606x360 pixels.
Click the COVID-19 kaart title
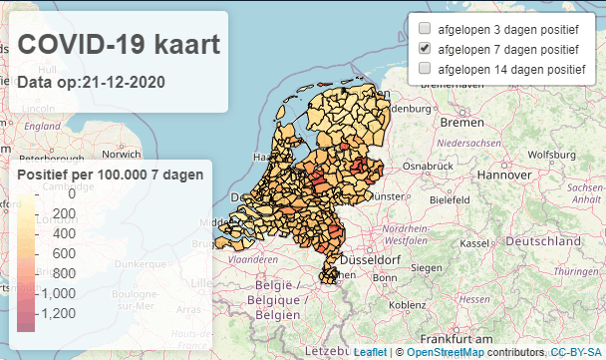[x=119, y=46]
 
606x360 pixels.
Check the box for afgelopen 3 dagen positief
[x=425, y=29]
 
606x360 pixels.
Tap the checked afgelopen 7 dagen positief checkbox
[x=425, y=48]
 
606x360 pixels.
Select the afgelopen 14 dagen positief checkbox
[x=425, y=68]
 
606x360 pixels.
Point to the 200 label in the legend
[x=65, y=214]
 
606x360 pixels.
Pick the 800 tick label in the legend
[x=65, y=273]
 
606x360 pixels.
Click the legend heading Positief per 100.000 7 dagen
[x=111, y=175]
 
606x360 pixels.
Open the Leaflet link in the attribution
[x=370, y=352]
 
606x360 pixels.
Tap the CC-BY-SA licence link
[x=576, y=352]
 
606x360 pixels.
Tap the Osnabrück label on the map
[x=430, y=164]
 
